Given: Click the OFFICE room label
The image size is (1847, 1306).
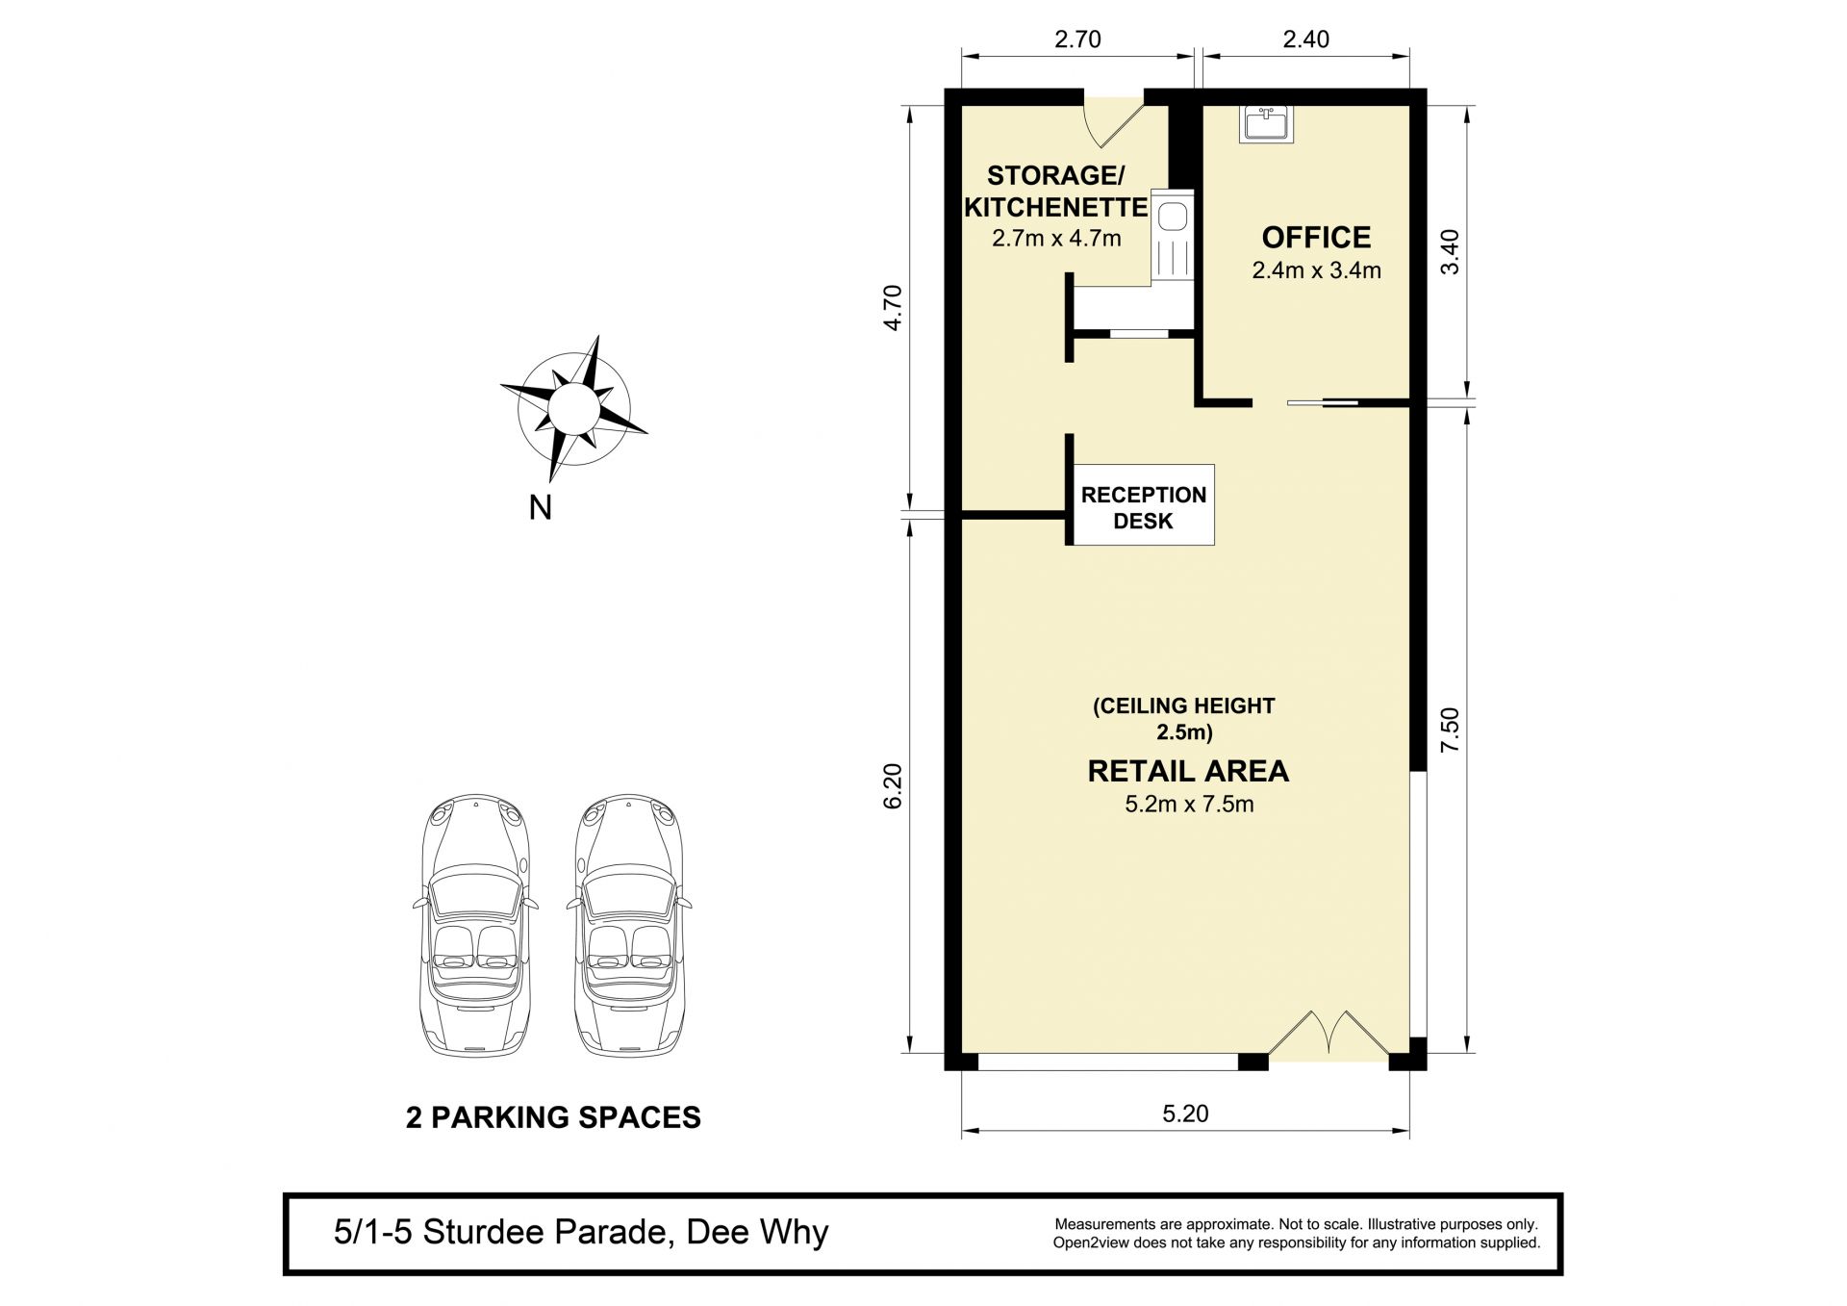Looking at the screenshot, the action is coord(1316,237).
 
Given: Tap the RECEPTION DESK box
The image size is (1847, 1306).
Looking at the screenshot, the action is coord(1143,505).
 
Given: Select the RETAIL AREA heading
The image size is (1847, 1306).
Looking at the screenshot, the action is coord(1188,771).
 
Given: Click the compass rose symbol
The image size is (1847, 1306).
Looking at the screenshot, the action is coord(574,408).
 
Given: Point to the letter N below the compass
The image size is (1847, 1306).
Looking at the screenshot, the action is coord(540,507).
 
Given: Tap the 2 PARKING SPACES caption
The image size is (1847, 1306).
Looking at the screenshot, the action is coord(553,1117).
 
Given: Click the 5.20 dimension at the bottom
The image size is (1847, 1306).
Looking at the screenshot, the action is coord(1185,1114).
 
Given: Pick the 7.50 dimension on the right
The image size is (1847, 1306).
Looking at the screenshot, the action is coord(1450,730).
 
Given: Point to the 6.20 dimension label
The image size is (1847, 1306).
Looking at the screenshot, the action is coord(892,786).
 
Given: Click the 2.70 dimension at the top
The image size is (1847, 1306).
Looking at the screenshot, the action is coord(1077,39).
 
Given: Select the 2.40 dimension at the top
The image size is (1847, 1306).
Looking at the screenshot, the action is coord(1306,39).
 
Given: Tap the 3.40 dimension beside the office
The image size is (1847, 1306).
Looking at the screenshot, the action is coord(1450,252).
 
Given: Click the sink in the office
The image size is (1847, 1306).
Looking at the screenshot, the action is coord(1267,124).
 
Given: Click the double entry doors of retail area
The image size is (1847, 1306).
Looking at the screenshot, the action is coord(1328,1037).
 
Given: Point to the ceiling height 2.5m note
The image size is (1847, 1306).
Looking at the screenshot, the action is coord(1184,719).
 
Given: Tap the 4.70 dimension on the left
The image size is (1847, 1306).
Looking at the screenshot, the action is coord(892,308).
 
